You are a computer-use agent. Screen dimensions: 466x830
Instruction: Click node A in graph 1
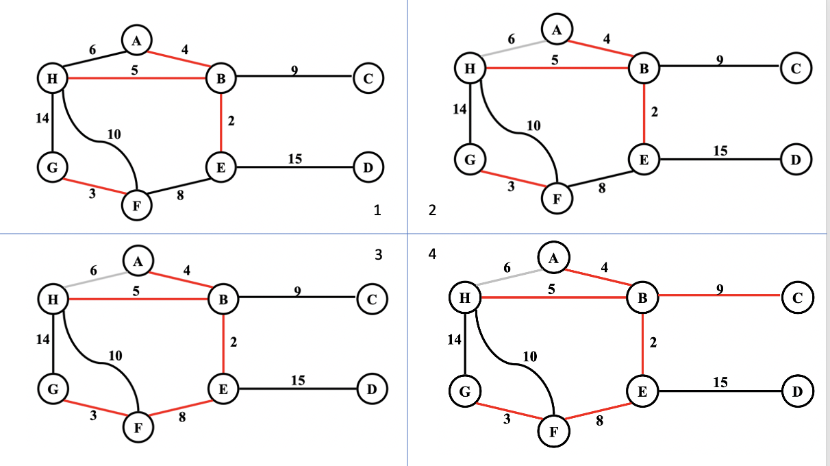137,41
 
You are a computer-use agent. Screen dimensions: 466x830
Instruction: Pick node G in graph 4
463,391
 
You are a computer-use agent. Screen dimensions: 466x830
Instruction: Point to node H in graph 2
470,69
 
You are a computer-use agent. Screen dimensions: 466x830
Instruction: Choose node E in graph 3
223,389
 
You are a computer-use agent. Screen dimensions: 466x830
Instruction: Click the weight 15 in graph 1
295,159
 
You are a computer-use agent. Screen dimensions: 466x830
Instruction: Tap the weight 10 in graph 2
533,125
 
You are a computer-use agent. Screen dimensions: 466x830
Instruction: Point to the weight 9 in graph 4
719,289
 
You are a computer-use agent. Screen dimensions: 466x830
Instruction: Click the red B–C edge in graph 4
719,296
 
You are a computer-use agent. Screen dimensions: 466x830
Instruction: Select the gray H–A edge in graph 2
512,49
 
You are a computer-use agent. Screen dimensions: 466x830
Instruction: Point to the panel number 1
376,211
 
